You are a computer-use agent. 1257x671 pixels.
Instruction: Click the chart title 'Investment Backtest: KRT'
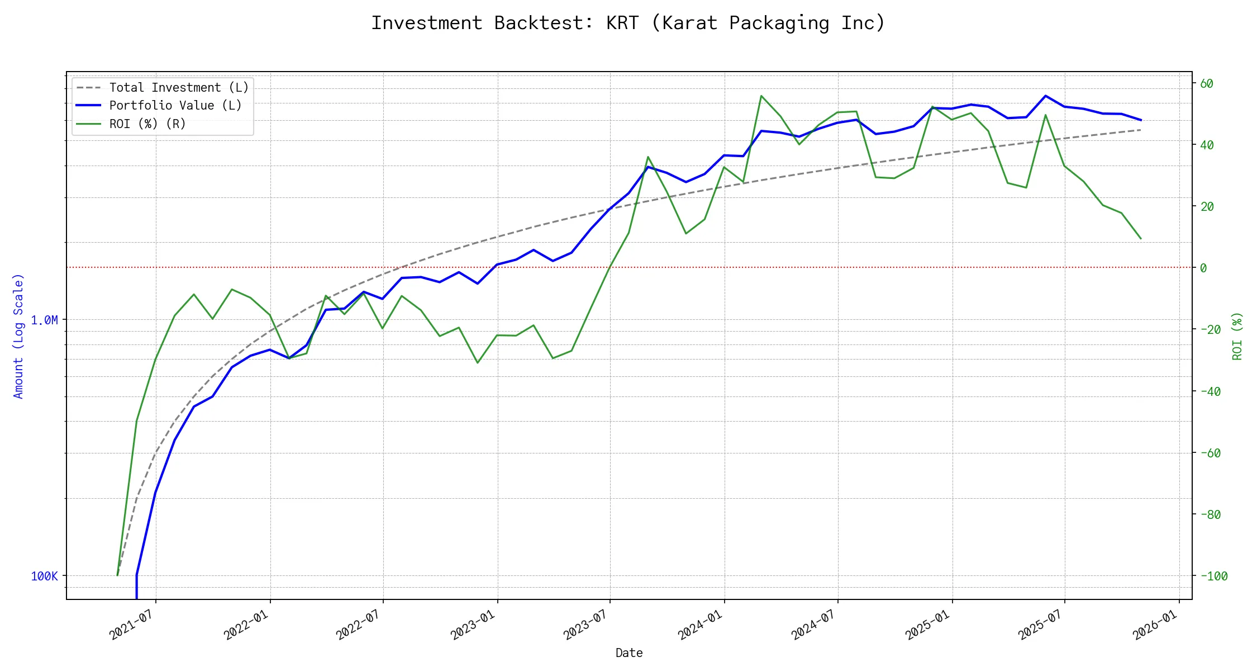click(x=628, y=23)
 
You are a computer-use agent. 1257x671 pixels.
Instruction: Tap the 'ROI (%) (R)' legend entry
click(x=147, y=124)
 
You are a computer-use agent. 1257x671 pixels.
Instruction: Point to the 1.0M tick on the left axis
click(x=44, y=320)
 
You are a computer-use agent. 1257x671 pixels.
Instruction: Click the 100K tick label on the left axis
click(x=44, y=576)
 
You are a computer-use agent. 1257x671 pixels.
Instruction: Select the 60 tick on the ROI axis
click(x=1207, y=83)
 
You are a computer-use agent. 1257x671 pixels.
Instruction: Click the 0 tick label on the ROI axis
click(x=1203, y=268)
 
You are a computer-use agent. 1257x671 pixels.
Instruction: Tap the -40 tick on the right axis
click(x=1210, y=391)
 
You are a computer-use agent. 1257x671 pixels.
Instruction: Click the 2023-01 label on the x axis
click(x=474, y=624)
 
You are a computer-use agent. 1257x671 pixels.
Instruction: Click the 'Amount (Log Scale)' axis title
click(x=18, y=335)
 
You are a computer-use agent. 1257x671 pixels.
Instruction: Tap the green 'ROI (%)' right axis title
click(x=1237, y=335)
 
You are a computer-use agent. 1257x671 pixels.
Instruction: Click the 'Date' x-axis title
click(x=629, y=653)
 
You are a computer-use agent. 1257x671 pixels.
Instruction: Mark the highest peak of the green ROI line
click(x=761, y=96)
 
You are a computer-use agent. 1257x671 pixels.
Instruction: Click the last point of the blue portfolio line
click(x=1141, y=120)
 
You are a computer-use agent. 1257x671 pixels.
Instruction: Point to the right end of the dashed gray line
click(x=1141, y=130)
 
